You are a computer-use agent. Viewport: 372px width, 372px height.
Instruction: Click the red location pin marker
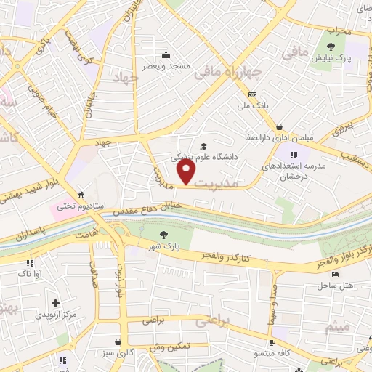187,171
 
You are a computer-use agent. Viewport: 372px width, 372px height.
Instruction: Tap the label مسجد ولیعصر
171,66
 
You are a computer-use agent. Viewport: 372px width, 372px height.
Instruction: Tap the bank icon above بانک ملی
252,94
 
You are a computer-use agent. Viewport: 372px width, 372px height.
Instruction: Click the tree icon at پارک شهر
163,234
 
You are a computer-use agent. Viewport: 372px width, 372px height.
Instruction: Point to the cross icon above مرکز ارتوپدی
55,302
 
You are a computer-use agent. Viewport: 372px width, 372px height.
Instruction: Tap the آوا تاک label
30,273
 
